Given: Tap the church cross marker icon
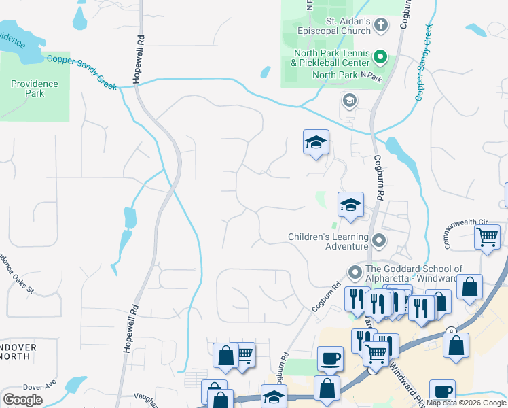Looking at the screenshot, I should tap(381, 26).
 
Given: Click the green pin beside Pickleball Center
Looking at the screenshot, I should tap(381, 58).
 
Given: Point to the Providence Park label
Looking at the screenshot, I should tap(34, 88).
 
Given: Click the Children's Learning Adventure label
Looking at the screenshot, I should tap(328, 241).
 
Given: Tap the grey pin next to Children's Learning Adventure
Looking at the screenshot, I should tap(379, 241).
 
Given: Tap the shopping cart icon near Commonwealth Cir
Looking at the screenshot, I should tap(488, 237).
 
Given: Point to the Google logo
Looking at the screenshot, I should tap(22, 399).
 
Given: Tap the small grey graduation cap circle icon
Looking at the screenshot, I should tap(349, 101).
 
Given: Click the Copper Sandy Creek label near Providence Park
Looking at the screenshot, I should tap(81, 71).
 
